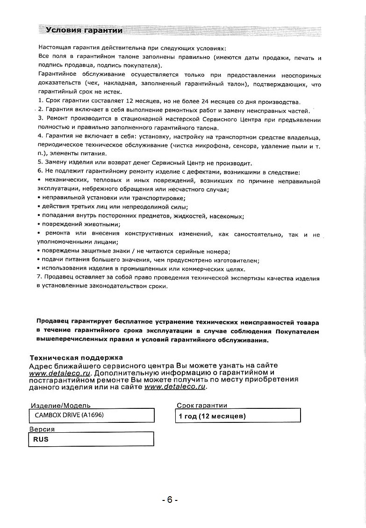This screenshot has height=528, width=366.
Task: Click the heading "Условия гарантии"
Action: [x=84, y=31]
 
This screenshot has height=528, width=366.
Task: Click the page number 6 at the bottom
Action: [x=170, y=500]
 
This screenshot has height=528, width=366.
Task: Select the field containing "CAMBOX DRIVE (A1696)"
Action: [x=92, y=415]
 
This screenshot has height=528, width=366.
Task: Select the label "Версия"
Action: [x=42, y=429]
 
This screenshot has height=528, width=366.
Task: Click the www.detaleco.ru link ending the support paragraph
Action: [x=175, y=387]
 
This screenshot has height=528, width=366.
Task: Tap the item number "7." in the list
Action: [x=39, y=278]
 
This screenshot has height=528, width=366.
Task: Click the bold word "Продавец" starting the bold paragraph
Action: [x=53, y=322]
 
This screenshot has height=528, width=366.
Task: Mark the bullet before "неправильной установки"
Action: [x=38, y=199]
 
